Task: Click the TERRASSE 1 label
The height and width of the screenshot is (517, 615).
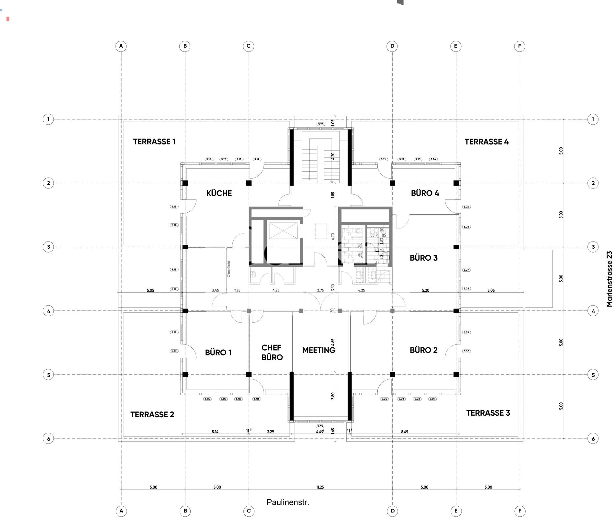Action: point(154,142)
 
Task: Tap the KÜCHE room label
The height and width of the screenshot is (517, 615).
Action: point(219,193)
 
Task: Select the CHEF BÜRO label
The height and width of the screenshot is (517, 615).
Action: point(272,353)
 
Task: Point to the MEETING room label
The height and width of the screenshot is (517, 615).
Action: point(319,350)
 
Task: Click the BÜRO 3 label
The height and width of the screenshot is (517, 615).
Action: point(423,258)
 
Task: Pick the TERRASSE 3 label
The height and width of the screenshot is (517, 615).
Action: point(488,413)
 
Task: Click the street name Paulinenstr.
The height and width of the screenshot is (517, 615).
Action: point(288,502)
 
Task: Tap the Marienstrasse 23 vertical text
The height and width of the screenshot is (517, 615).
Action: point(609,279)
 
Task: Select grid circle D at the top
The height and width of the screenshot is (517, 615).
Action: point(392,46)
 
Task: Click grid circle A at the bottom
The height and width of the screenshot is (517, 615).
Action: point(121,511)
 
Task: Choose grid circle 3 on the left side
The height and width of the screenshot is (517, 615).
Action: point(49,247)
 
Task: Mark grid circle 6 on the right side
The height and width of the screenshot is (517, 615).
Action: point(593,439)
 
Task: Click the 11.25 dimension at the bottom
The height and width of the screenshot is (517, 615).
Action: point(320,487)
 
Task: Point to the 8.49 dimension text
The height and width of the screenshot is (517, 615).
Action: point(404,432)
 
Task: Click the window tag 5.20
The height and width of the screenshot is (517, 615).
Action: point(320,124)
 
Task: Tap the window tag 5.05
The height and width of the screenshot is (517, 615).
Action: point(320,426)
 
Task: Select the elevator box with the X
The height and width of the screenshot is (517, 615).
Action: point(283,231)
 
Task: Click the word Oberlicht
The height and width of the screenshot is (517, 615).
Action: point(229,269)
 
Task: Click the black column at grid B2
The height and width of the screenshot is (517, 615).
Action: point(185,183)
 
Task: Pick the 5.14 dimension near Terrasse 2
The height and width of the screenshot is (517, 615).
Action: point(215,432)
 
